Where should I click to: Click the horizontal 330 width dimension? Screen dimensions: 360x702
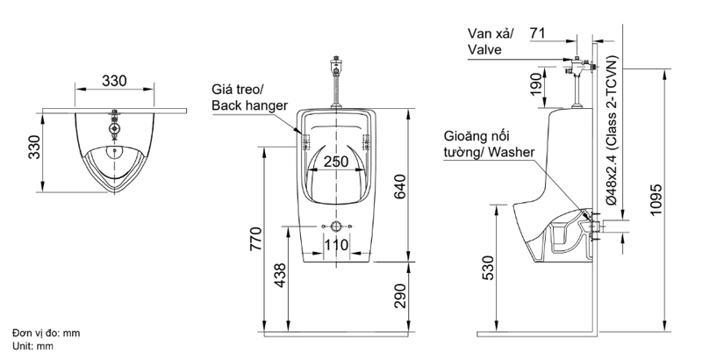115,81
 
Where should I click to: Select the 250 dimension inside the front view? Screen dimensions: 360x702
335,162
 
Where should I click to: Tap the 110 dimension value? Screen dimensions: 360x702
336,244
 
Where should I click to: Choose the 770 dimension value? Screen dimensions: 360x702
255,239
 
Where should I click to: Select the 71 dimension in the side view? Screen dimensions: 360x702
539,33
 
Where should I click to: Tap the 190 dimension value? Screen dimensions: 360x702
536,85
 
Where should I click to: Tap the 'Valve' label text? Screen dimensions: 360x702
484,50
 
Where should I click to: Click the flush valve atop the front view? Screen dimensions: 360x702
334,65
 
